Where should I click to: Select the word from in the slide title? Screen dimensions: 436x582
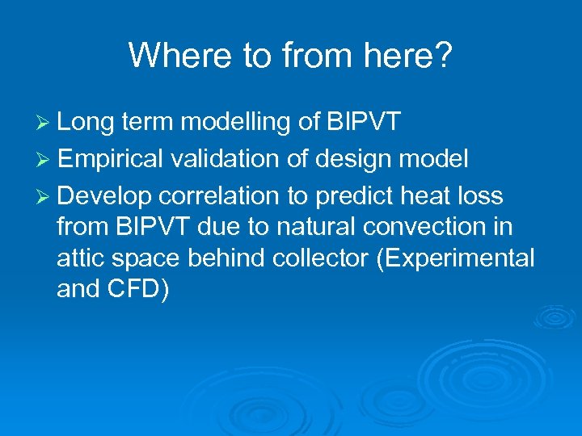pyautogui.click(x=307, y=56)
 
